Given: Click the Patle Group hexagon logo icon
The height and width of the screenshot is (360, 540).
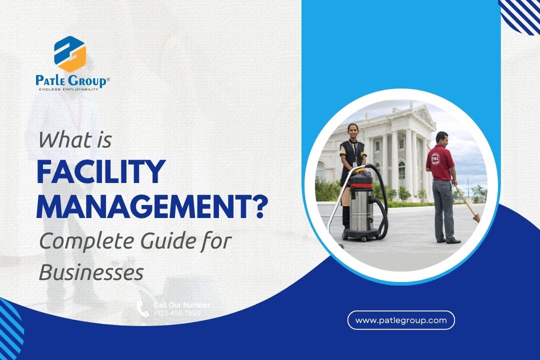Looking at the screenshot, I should tap(70, 54).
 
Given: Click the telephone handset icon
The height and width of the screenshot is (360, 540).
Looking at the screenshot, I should tap(143, 308).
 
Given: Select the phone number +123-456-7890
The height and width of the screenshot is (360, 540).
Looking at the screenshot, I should tap(176, 313).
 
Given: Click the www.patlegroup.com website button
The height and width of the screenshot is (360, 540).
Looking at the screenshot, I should tap(401, 320).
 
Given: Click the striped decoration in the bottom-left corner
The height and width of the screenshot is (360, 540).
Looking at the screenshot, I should tap(10, 330).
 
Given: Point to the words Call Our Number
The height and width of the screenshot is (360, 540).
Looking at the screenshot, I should tap(181, 305).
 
